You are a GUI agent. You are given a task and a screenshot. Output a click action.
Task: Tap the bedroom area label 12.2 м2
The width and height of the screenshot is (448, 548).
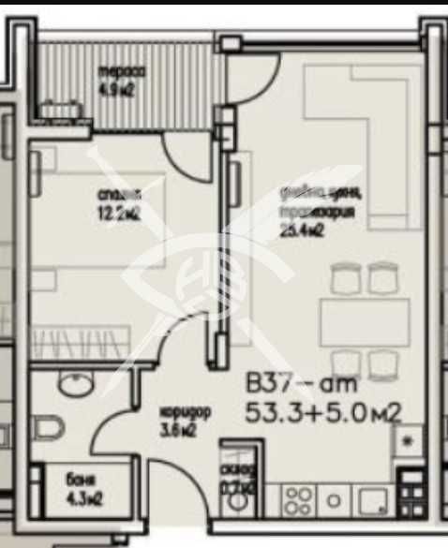tap(119, 213)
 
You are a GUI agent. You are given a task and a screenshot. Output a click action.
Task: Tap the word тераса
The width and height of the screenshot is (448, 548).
tap(119, 72)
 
